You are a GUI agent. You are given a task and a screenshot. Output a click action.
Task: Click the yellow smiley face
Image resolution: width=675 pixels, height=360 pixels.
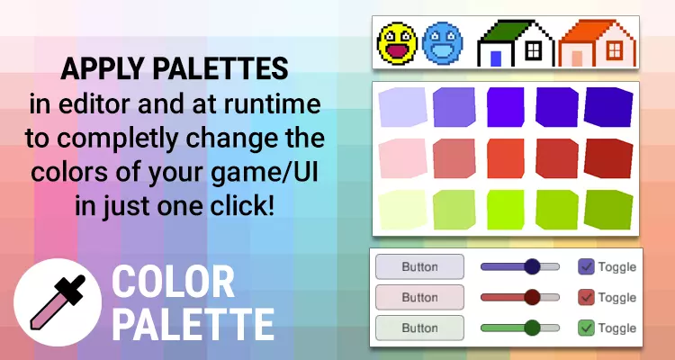[x=397, y=43]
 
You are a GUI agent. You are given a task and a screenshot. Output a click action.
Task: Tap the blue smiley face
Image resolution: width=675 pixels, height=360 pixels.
[x=443, y=43]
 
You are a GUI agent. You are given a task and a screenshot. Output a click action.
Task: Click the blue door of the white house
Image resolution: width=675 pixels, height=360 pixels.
[x=496, y=58]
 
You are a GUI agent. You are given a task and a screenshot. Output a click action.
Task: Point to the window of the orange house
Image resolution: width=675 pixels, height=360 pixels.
[x=615, y=50]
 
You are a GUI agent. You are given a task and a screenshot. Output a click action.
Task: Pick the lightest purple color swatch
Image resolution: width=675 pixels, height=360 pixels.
[x=402, y=107]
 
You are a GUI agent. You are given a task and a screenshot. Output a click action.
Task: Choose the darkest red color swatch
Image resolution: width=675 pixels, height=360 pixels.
[x=608, y=158]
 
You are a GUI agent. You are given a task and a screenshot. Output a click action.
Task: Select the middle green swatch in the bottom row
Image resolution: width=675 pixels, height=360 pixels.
[x=506, y=210]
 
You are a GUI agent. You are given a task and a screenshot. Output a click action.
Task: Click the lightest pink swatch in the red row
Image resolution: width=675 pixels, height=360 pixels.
[x=402, y=158]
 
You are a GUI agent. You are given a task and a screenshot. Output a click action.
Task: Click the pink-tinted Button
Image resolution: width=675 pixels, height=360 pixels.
[x=419, y=297]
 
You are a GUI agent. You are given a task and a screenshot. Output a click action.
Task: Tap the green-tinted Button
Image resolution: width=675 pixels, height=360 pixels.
[x=419, y=328]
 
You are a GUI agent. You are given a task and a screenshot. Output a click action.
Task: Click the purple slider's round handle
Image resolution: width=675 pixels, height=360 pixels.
[x=533, y=266]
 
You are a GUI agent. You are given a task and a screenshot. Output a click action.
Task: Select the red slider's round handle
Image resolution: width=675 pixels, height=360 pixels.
[x=533, y=297]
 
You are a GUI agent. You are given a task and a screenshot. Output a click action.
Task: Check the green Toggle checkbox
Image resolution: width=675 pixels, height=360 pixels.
[x=586, y=328]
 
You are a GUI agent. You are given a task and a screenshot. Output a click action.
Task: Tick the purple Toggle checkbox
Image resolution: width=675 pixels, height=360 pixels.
[x=586, y=266]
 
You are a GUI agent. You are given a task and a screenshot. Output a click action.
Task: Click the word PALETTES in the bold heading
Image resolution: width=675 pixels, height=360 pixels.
[x=220, y=69]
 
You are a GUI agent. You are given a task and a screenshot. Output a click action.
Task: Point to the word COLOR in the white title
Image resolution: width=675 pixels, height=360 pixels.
[x=173, y=283]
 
